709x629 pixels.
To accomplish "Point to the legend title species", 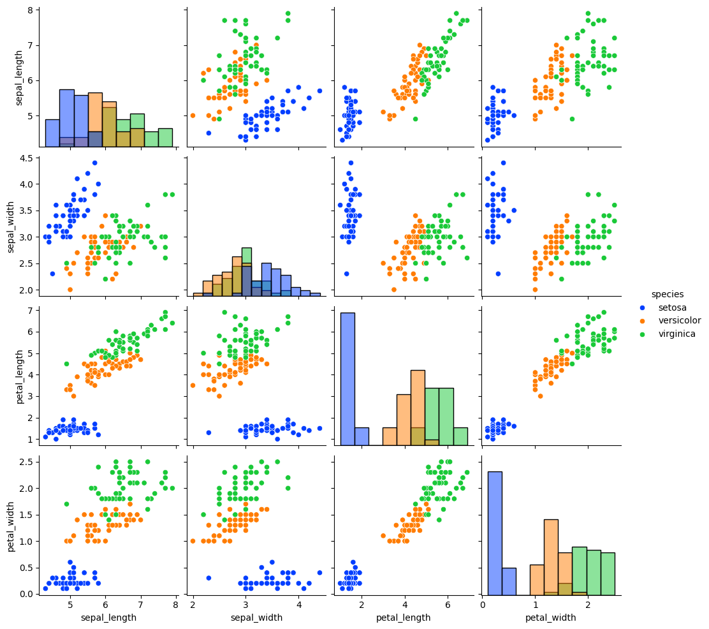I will [667, 294].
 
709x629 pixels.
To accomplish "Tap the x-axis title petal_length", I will [404, 618].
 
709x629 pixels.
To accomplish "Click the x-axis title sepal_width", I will [255, 618].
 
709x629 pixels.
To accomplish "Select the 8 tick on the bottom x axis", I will [175, 604].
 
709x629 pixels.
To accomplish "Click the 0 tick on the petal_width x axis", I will [483, 604].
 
